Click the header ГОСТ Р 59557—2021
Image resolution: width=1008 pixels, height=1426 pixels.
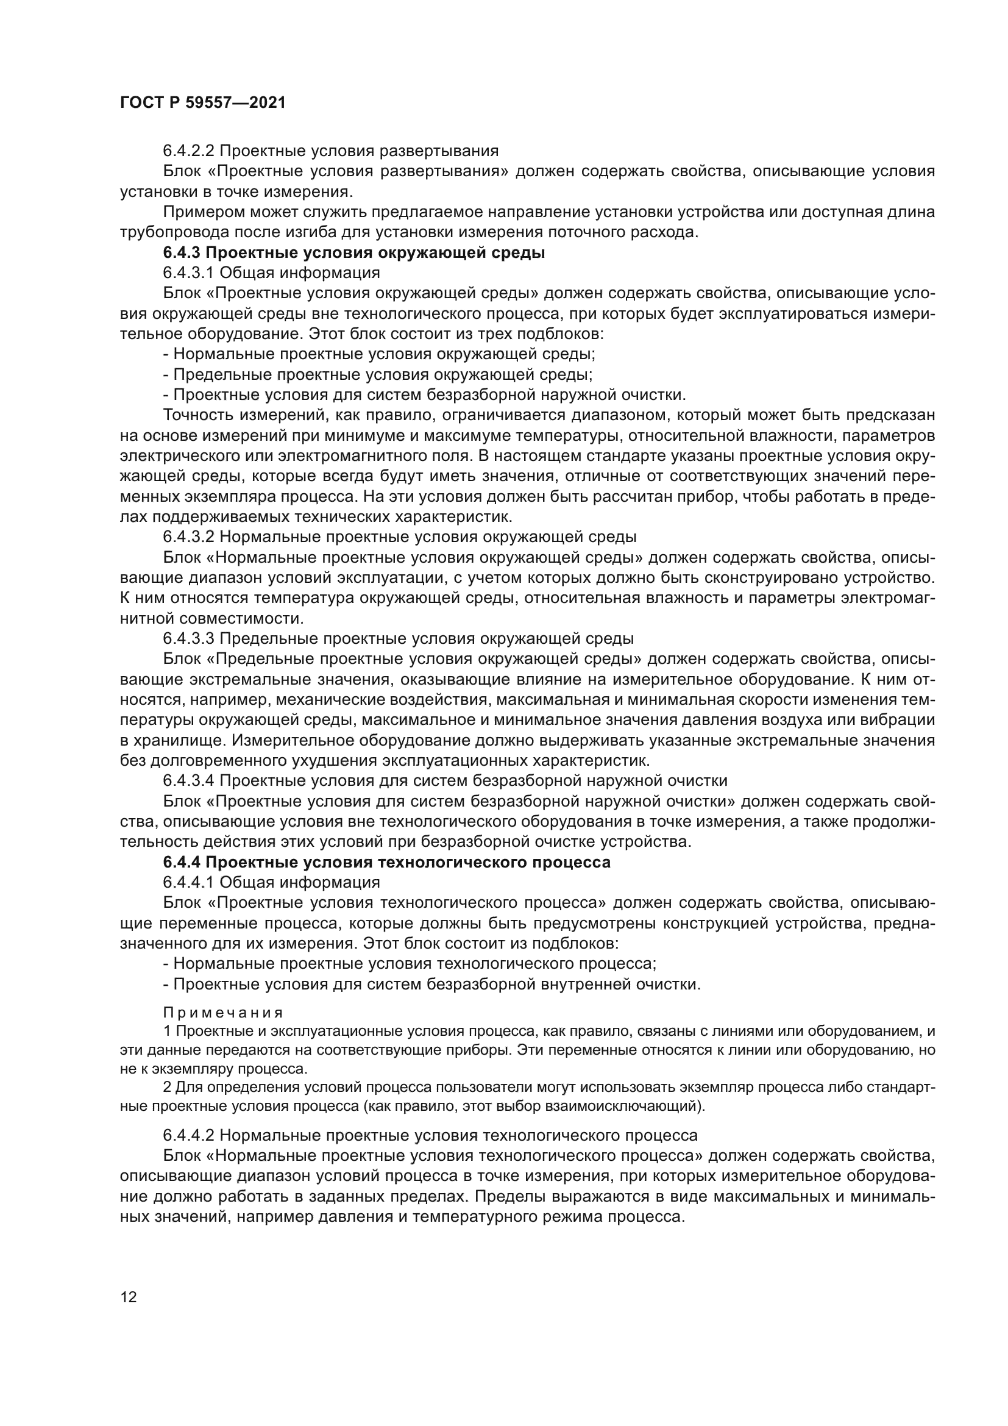point(203,103)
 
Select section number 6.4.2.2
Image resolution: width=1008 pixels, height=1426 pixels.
point(189,151)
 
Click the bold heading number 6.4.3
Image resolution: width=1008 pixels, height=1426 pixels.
point(182,253)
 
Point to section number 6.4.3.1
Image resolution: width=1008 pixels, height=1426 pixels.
point(189,273)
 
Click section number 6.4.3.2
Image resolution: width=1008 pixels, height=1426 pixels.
point(189,537)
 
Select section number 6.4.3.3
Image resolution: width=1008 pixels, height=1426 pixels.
point(189,638)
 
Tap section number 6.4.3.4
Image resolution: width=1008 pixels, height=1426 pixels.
point(189,781)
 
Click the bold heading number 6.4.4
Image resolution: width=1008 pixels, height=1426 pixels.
point(182,862)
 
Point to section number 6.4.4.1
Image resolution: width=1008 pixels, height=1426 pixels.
point(189,882)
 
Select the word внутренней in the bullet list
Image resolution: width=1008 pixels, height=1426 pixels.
point(584,985)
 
